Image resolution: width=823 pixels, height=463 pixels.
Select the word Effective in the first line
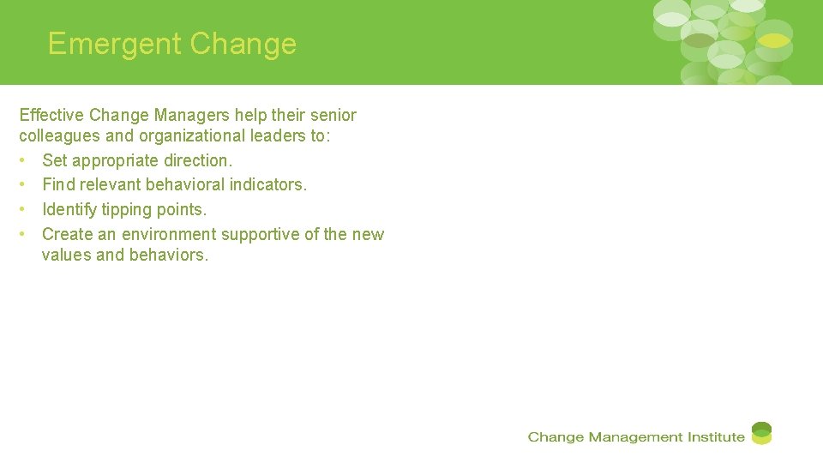[x=50, y=115]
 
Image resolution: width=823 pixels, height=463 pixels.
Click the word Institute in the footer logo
[x=715, y=437]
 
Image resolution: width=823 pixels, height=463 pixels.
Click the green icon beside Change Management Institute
[x=761, y=433]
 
